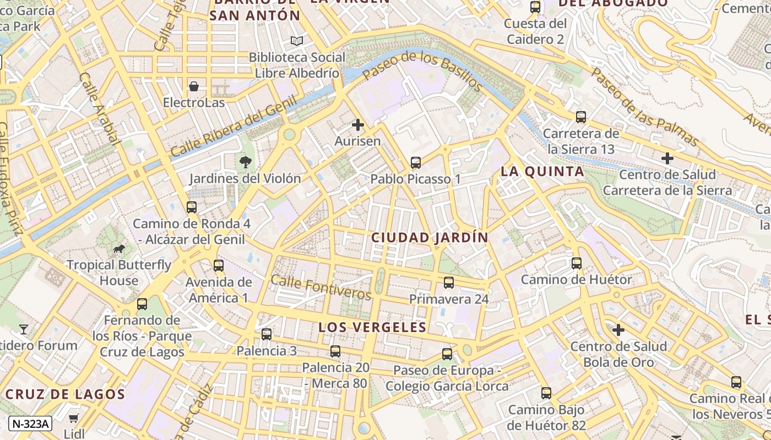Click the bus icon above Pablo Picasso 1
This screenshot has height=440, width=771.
[x=416, y=163]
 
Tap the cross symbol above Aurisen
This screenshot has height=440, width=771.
[x=358, y=125]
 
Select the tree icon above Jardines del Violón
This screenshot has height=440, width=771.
[x=245, y=162]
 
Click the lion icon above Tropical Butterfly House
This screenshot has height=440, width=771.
[x=119, y=249]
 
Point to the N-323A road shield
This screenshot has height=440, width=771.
[x=31, y=424]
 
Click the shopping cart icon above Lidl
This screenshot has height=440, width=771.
[x=74, y=418]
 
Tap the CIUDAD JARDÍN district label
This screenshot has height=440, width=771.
[x=430, y=238]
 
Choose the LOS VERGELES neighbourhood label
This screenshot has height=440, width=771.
[x=372, y=327]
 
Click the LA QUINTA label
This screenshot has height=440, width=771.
[x=542, y=172]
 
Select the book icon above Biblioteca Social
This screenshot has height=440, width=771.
[x=297, y=41]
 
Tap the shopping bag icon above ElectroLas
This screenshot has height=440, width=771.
[x=194, y=86]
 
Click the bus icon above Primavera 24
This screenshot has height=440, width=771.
[x=449, y=283]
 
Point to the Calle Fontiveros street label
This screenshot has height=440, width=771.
[x=321, y=287]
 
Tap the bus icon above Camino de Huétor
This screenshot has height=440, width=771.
[x=577, y=263]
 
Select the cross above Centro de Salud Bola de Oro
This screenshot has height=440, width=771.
[x=618, y=330]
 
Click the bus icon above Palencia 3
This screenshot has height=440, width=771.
[x=267, y=334]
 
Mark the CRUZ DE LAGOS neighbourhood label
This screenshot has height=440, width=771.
[x=66, y=394]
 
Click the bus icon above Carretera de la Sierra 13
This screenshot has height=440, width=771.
[x=581, y=117]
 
